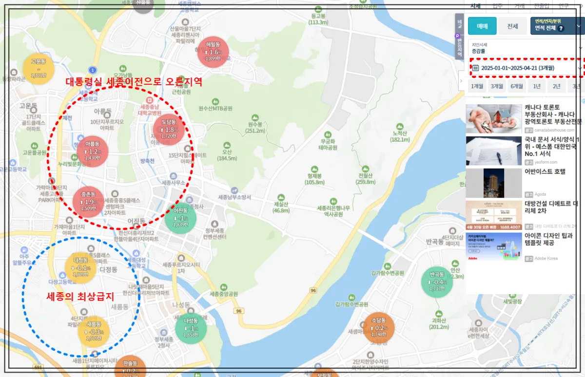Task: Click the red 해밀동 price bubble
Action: tap(213, 52)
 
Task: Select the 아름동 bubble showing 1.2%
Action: tap(93, 151)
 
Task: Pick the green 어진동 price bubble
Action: tap(180, 218)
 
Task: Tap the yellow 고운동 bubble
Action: tap(38, 69)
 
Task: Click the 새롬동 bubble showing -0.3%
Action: tap(94, 332)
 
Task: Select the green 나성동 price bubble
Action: tap(191, 328)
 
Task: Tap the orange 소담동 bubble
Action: tap(379, 328)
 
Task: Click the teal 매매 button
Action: tap(482, 26)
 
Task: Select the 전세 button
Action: tap(512, 26)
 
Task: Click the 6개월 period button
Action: tap(517, 87)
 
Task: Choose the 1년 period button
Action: tap(536, 87)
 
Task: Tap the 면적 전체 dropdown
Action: tap(556, 26)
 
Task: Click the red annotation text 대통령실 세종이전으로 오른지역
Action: tap(134, 81)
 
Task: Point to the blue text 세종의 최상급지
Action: tap(80, 296)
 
